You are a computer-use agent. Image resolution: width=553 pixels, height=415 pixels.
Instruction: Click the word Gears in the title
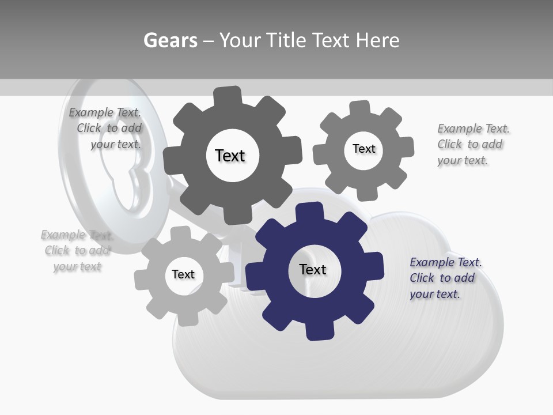pos(171,41)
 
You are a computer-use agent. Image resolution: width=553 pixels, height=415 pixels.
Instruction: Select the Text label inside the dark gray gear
pos(230,156)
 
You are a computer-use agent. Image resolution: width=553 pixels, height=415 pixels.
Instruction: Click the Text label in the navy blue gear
pos(313,270)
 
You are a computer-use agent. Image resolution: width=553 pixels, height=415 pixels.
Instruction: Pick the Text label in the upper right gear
pos(363,149)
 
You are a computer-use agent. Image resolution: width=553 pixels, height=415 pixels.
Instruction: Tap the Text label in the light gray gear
pos(183,274)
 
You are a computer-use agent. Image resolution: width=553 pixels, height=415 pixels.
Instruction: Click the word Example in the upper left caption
pos(91,112)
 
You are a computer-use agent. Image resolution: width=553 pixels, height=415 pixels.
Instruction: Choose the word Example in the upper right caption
pos(460,129)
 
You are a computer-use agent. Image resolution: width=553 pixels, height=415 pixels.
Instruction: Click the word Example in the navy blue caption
pos(432,262)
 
